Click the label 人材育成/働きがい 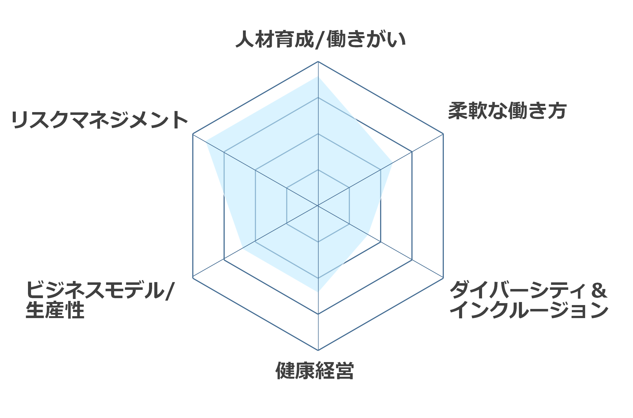[321, 40]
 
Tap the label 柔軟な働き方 [507, 111]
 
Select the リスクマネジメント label [100, 120]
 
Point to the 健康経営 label [315, 370]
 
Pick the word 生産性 [55, 310]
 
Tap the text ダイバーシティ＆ [528, 290]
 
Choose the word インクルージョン [529, 310]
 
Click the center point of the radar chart [318, 206]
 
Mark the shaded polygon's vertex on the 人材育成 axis [318, 76]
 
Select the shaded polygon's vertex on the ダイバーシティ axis [368, 234]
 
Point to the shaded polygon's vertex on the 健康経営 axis [318, 292]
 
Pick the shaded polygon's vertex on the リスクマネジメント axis [206, 141]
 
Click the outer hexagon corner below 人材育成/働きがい [318, 61]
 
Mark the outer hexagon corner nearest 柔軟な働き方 [443, 134]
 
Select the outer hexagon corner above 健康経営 [318, 350]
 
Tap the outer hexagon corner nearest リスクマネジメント [193, 134]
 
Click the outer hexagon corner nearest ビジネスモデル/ [193, 278]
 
